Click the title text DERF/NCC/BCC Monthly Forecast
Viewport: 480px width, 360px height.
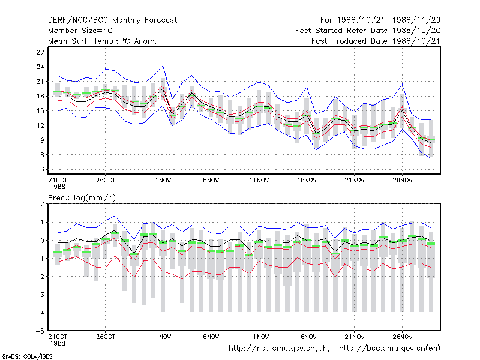112,20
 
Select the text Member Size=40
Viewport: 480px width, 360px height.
80,31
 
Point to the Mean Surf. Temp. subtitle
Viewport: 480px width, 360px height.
103,41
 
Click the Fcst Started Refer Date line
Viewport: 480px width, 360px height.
368,31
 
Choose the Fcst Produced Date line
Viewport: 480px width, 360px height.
376,41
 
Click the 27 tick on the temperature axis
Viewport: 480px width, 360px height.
40,52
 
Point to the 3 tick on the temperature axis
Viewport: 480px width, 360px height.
42,170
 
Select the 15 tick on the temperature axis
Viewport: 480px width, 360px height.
40,111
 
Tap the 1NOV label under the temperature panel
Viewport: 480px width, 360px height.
163,181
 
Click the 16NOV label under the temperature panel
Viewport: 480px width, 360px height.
307,181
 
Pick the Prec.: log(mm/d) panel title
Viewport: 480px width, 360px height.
82,198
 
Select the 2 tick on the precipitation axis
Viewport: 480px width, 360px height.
42,204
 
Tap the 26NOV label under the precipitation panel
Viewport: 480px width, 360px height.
403,337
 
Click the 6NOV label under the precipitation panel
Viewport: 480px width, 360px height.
211,337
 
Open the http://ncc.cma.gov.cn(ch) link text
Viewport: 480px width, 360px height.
279,349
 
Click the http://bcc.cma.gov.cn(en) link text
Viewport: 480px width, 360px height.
389,349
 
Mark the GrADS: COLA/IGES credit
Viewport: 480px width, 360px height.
27,356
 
